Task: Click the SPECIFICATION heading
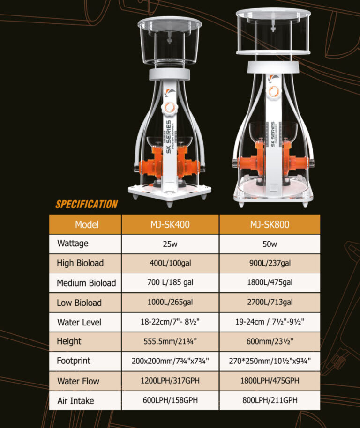(87, 204)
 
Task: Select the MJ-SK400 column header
(170, 224)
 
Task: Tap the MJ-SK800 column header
(270, 224)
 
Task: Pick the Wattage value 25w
(170, 244)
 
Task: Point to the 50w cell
(270, 244)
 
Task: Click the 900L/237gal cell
(270, 263)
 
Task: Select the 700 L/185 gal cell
(170, 282)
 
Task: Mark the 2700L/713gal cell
(270, 302)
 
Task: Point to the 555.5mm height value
(170, 341)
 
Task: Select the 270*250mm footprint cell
(270, 361)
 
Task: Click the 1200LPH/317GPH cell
(170, 381)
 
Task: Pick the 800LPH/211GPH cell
(270, 400)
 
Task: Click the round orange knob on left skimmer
(169, 108)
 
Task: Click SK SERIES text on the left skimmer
(169, 137)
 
